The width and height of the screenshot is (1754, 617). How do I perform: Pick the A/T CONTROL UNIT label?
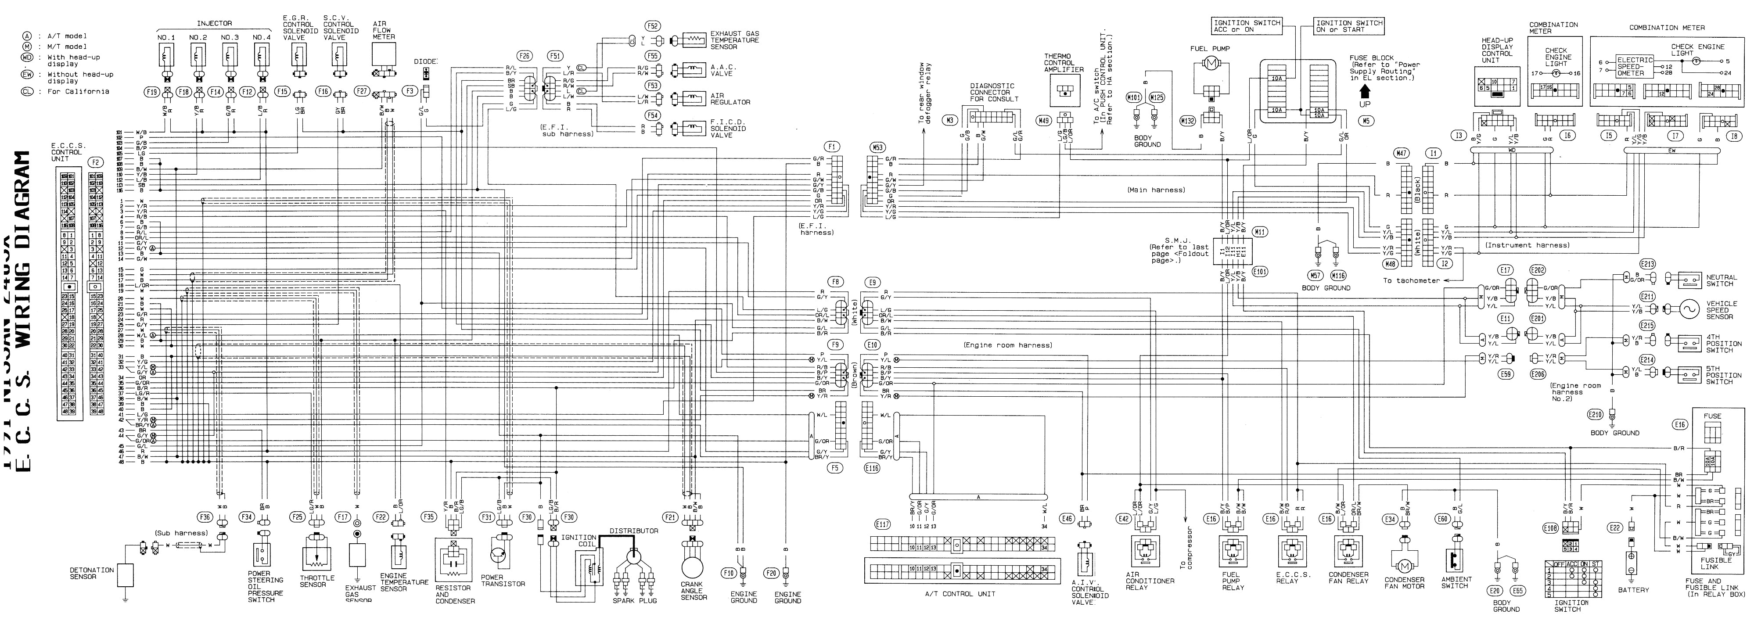(x=960, y=594)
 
